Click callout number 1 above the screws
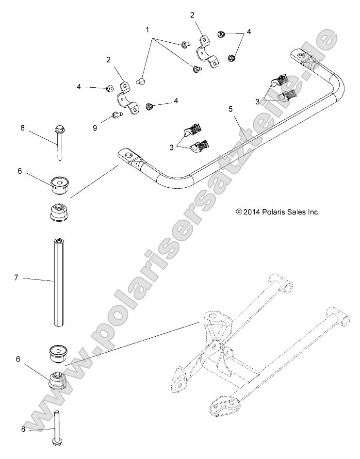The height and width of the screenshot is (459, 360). (x=147, y=30)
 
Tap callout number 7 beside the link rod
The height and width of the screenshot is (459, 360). (x=16, y=278)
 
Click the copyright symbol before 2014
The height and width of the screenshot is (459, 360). (x=238, y=212)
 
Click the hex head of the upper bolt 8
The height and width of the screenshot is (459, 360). (x=58, y=130)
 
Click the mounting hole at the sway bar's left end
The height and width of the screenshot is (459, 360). (x=129, y=156)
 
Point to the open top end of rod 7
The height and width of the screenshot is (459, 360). (x=58, y=240)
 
